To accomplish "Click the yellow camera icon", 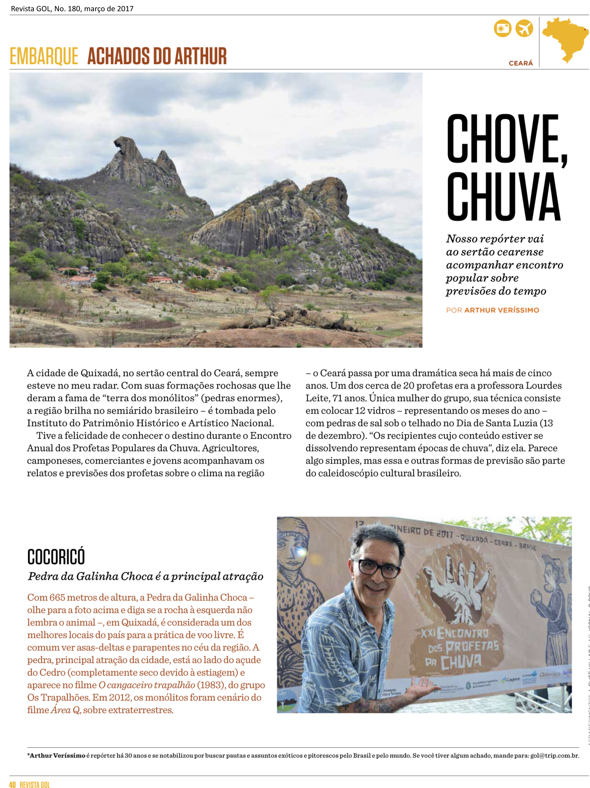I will click(502, 28).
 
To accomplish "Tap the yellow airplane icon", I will click(524, 28).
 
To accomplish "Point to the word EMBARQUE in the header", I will click(44, 56).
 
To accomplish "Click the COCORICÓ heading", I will click(56, 557).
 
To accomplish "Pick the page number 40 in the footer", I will click(13, 784).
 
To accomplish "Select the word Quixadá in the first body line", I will click(100, 373).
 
